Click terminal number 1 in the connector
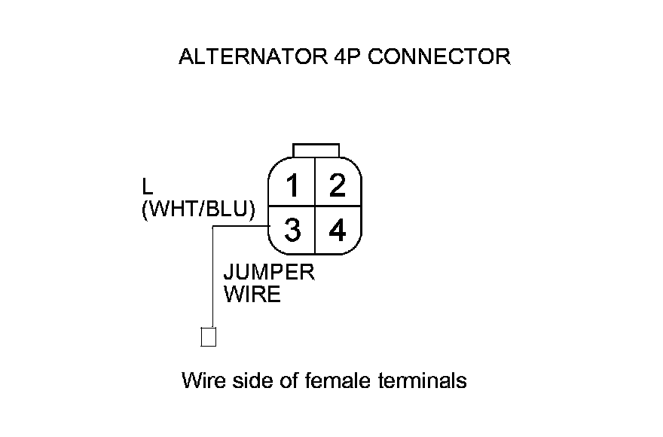click(x=292, y=184)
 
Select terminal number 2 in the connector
click(x=337, y=184)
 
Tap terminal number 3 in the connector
click(x=292, y=230)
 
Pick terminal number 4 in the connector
click(x=337, y=230)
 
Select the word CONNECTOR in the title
click(x=440, y=57)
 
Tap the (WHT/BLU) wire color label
click(x=198, y=209)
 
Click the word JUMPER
click(x=269, y=272)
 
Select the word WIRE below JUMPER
click(x=252, y=294)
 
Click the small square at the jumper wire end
click(x=209, y=337)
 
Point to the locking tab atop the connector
click(x=316, y=150)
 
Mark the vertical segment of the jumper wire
click(x=214, y=279)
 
